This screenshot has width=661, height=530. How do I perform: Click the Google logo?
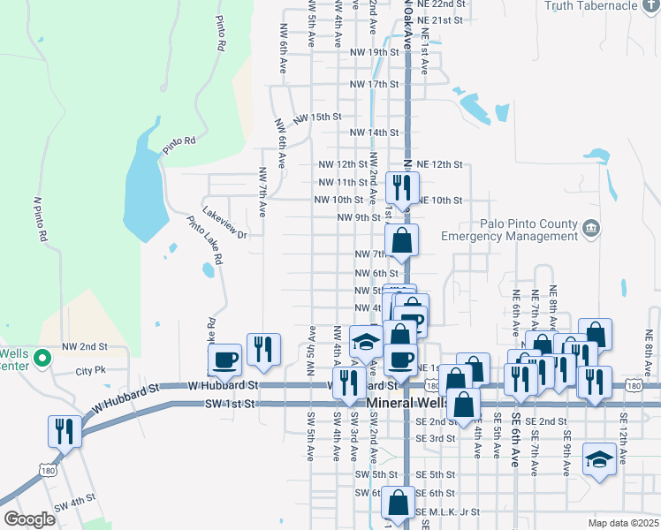pos(29,519)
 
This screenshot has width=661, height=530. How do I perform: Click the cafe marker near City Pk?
pos(224,360)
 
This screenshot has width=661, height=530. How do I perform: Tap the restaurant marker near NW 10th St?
pos(403,187)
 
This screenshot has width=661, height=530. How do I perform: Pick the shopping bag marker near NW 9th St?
pos(401,240)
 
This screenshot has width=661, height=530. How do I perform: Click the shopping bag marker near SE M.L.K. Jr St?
pos(398,503)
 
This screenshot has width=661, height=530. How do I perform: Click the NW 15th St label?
pos(317,117)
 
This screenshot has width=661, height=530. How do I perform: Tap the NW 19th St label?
pos(375,52)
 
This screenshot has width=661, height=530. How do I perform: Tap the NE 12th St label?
pos(439,164)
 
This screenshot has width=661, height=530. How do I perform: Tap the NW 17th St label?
pos(375,84)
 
